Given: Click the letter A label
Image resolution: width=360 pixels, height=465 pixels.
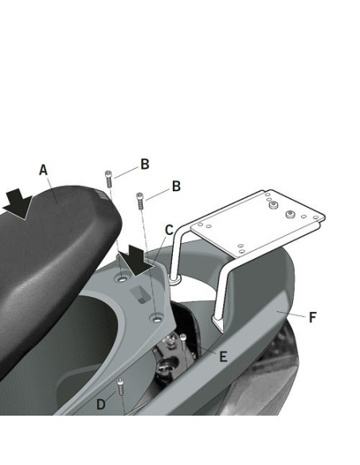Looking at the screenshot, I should click(x=43, y=170).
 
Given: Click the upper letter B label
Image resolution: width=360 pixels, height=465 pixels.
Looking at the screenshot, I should click(x=145, y=165).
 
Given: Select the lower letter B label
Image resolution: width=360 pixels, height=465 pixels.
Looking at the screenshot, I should click(x=176, y=186).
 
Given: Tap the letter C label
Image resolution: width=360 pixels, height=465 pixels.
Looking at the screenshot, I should click(x=169, y=230).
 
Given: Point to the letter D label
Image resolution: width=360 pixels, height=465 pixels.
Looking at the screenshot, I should click(x=100, y=404).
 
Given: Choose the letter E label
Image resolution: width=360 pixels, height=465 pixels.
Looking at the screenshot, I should click(x=223, y=357).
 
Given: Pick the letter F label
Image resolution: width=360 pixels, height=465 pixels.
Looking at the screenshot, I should click(x=313, y=317).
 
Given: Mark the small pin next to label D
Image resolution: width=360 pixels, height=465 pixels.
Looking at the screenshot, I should click(x=120, y=389).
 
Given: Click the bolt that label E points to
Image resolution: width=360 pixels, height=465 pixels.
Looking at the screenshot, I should click(x=182, y=343).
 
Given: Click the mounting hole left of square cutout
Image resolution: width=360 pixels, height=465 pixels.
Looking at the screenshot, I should click(x=121, y=279).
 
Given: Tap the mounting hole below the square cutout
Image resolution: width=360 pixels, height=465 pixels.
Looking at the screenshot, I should click(x=158, y=319).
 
